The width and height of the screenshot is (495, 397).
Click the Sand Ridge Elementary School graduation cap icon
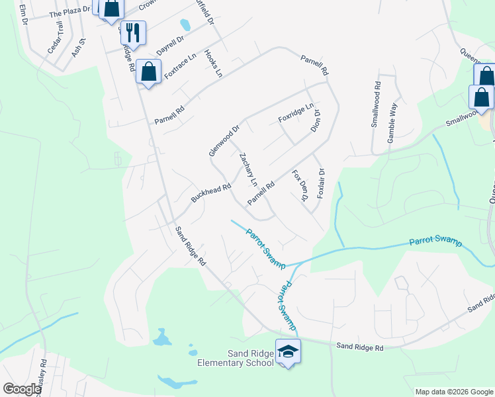[x=288, y=352]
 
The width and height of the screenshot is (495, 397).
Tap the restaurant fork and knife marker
[x=133, y=32]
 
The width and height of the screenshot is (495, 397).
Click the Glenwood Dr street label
[x=223, y=140]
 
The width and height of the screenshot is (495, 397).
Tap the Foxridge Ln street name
[x=296, y=112]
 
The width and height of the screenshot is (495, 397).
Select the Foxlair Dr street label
[x=321, y=183]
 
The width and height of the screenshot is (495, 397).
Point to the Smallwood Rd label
[x=376, y=104]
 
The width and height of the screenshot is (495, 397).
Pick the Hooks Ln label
[x=213, y=64]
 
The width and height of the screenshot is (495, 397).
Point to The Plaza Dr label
[x=69, y=12]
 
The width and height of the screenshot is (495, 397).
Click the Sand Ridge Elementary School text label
[x=236, y=358]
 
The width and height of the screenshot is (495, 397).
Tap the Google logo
[x=22, y=389]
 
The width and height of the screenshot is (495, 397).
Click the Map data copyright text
[x=453, y=392]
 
